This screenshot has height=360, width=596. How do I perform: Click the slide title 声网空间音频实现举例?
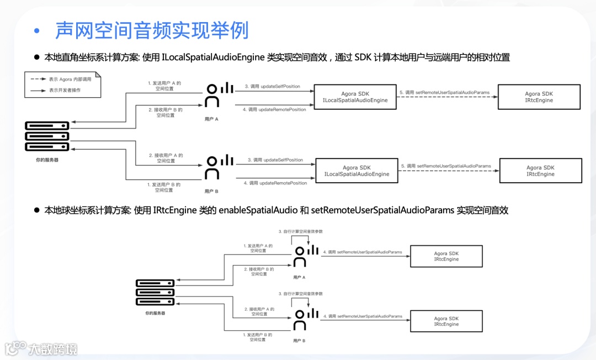coord(152,30)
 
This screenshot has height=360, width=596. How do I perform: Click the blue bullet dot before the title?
coord(37,31)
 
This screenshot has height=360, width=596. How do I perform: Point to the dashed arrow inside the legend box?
coord(38,80)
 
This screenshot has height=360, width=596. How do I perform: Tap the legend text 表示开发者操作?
coord(65,89)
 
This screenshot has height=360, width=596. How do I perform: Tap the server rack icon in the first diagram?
coord(47,136)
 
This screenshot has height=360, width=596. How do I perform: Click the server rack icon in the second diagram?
coord(155,292)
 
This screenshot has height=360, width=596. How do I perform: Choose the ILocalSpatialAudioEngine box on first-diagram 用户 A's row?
coord(355,97)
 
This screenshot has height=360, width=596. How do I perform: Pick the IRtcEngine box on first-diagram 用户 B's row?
coord(540,171)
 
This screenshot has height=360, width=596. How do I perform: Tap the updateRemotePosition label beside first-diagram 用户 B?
coord(275,183)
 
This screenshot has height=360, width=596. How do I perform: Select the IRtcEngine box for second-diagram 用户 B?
coord(446,321)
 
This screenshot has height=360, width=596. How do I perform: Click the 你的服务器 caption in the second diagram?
coord(155,313)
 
